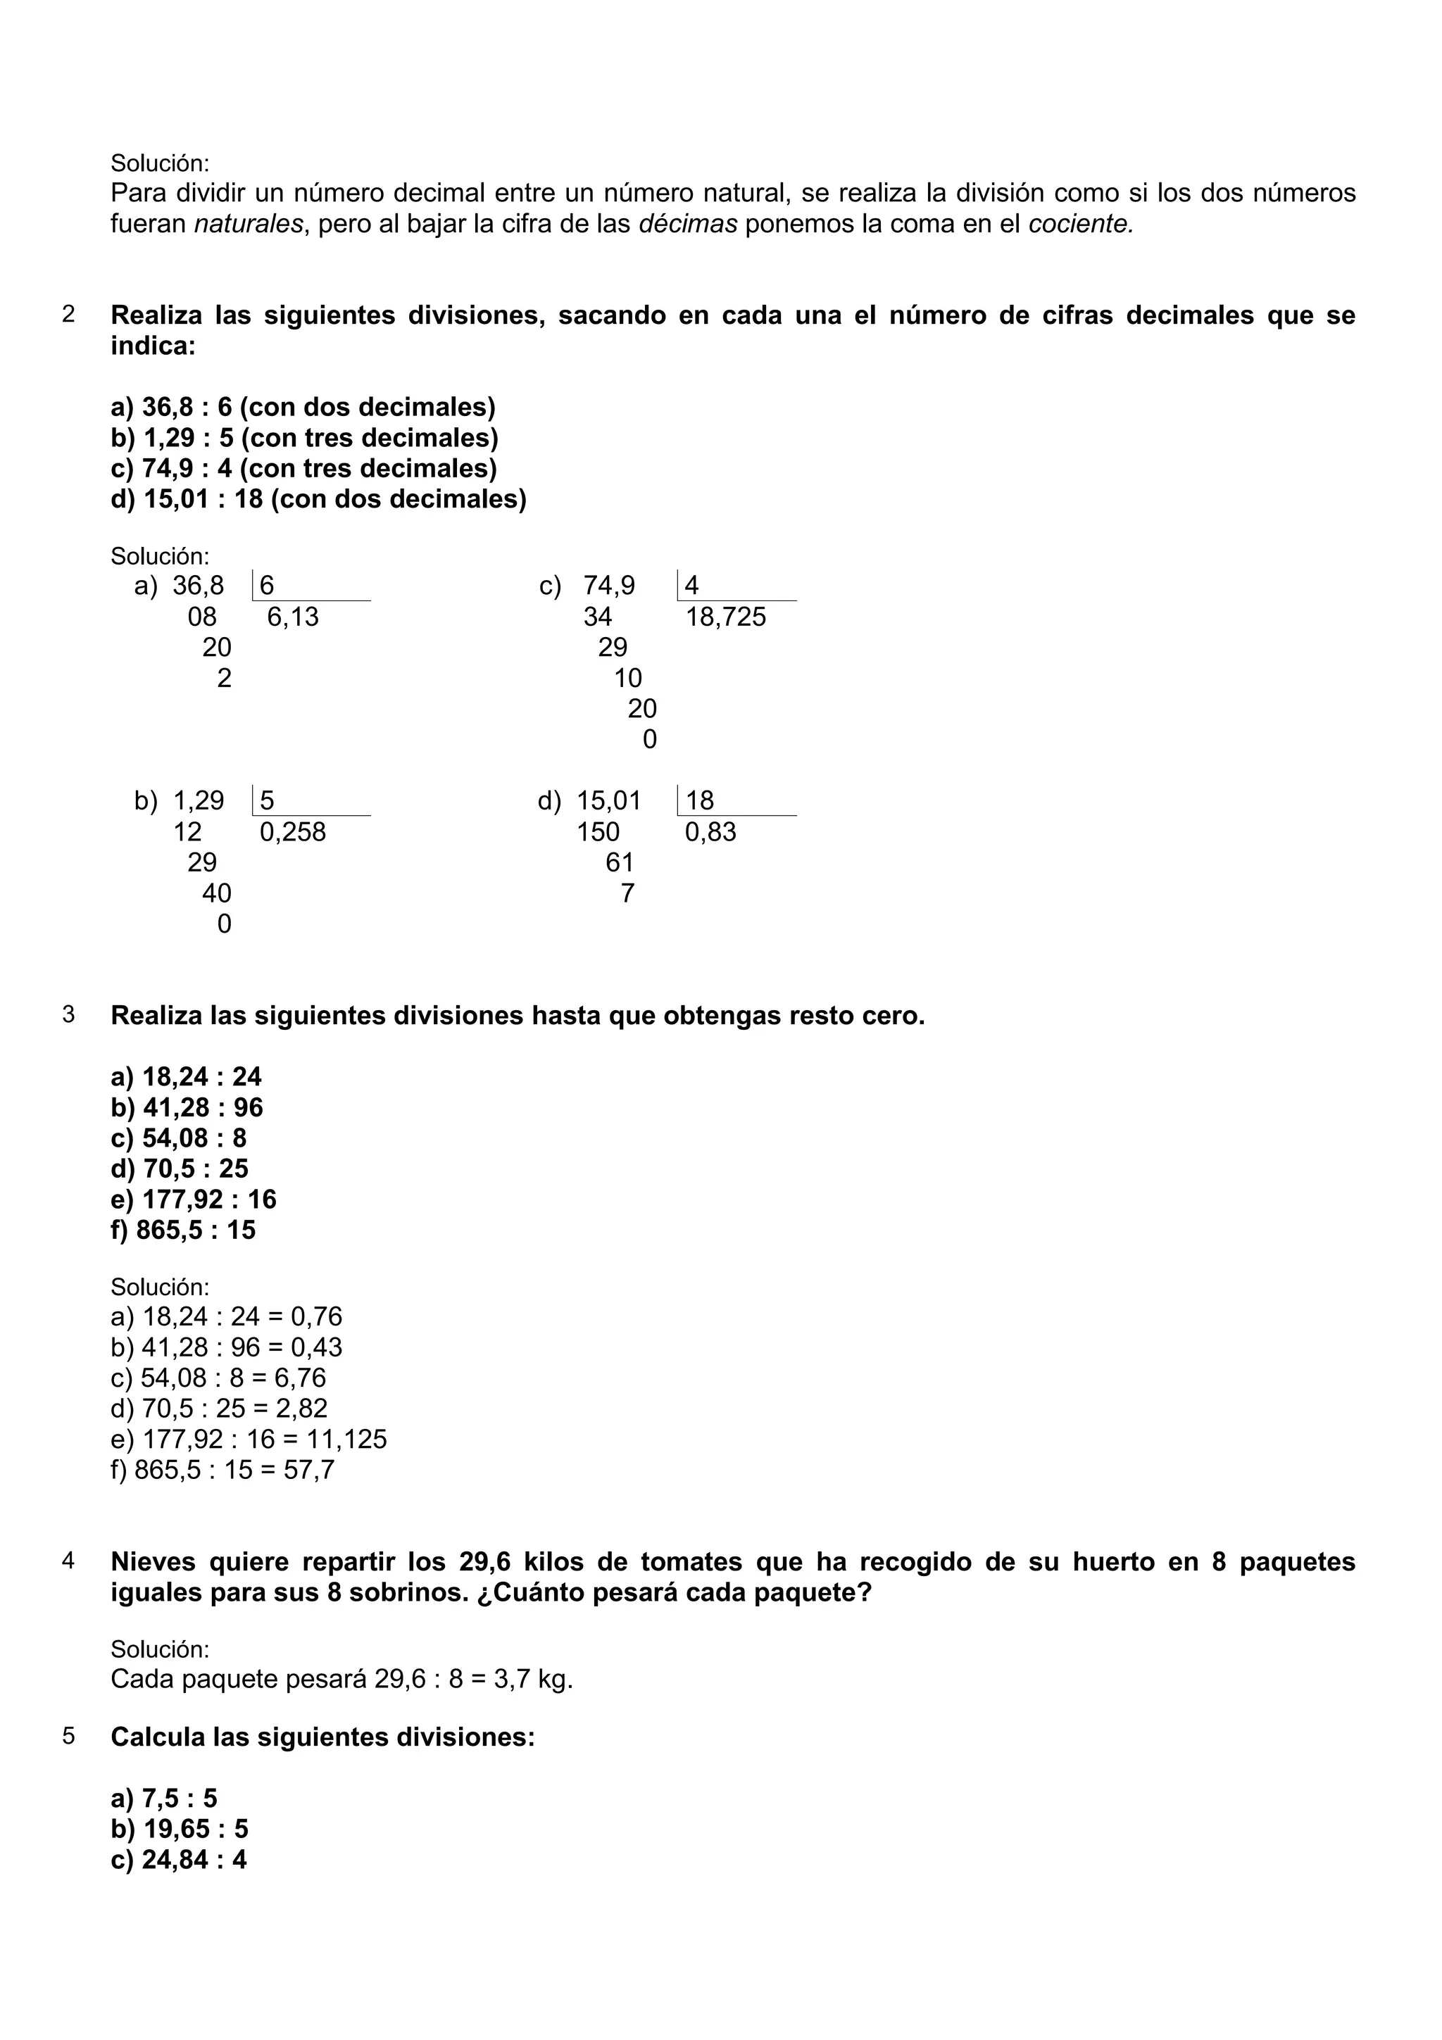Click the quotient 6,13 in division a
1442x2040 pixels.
pyautogui.click(x=292, y=617)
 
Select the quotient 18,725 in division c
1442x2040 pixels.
pyautogui.click(x=725, y=617)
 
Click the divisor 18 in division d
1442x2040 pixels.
pyautogui.click(x=699, y=800)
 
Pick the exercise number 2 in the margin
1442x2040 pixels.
pyautogui.click(x=68, y=315)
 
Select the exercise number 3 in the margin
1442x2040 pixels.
pyautogui.click(x=68, y=1014)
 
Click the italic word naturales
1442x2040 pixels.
pyautogui.click(x=249, y=224)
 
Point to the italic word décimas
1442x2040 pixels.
pyautogui.click(x=688, y=224)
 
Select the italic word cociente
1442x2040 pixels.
pyautogui.click(x=1080, y=224)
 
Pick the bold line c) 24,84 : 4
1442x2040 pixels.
pyautogui.click(x=179, y=1860)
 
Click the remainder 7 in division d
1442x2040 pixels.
pyautogui.click(x=627, y=893)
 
